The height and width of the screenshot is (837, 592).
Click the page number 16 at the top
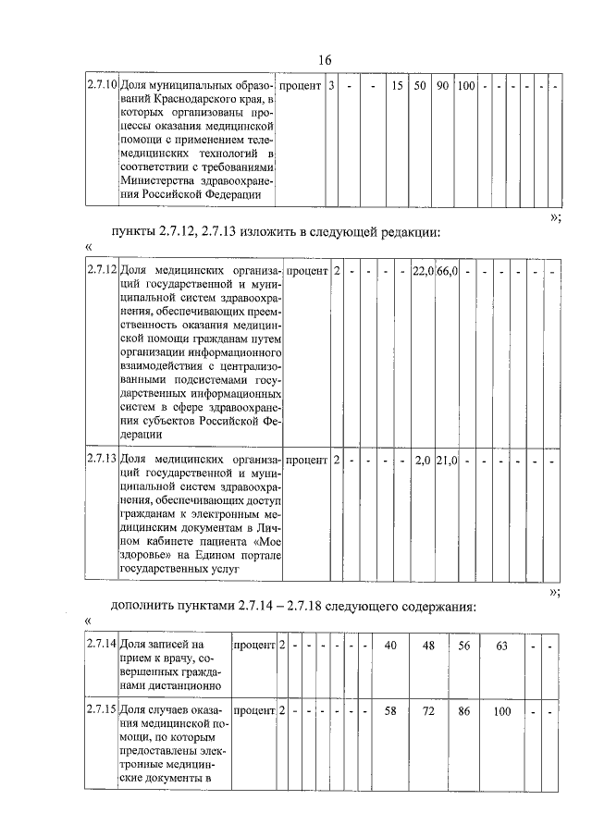click(x=324, y=60)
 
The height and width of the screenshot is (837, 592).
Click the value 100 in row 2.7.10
click(x=466, y=86)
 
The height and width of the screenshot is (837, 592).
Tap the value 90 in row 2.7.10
click(x=443, y=86)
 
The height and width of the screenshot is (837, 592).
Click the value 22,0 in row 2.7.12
click(x=423, y=271)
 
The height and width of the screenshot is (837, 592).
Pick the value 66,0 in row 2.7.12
click(x=448, y=271)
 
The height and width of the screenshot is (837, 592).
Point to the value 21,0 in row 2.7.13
click(x=448, y=460)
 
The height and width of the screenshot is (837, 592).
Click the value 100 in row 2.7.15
click(x=502, y=709)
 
